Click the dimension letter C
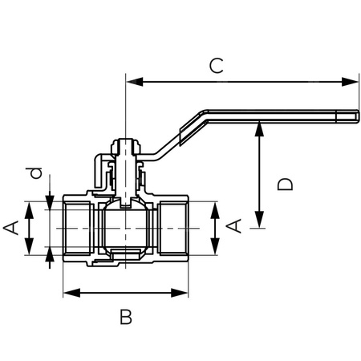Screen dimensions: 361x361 pyautogui.click(x=215, y=65)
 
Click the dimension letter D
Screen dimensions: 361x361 pyautogui.click(x=283, y=184)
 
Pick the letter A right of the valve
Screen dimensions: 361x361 pyautogui.click(x=233, y=226)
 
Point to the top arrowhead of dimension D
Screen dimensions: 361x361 pyautogui.click(x=259, y=128)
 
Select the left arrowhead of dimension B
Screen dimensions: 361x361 pyautogui.click(x=70, y=293)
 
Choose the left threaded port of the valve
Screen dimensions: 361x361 pyautogui.click(x=79, y=229)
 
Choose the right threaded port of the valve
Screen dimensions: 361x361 pyautogui.click(x=171, y=229)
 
